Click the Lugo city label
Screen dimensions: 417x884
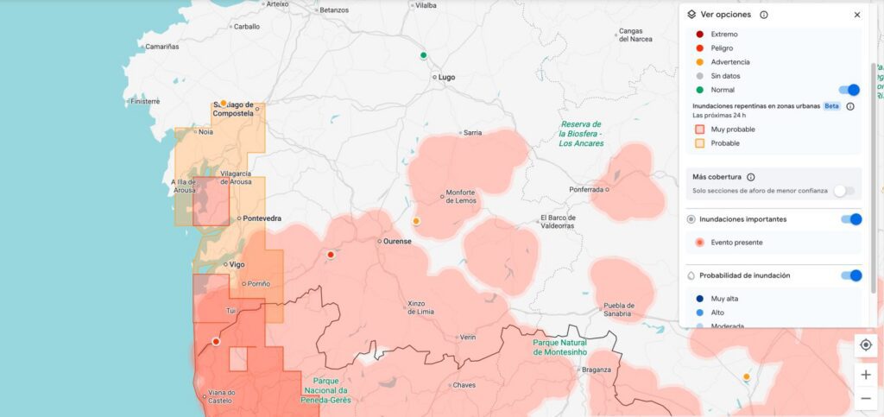(446, 77)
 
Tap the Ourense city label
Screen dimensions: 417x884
(397, 242)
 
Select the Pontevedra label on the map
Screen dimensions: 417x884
(262, 218)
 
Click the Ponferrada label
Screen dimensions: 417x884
(586, 189)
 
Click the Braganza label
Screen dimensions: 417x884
(597, 370)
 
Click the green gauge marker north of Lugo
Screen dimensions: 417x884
(424, 56)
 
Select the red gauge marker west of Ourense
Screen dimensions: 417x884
(331, 255)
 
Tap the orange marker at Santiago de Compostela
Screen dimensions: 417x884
(224, 104)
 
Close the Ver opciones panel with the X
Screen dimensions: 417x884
(857, 15)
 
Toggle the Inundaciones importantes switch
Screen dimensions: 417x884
(851, 219)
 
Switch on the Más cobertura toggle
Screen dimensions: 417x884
(844, 191)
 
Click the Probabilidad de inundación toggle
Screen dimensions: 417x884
(851, 275)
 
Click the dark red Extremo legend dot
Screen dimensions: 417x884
(699, 35)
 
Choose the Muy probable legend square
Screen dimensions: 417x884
(699, 130)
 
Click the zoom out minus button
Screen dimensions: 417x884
(866, 398)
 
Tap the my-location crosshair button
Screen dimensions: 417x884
(866, 344)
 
